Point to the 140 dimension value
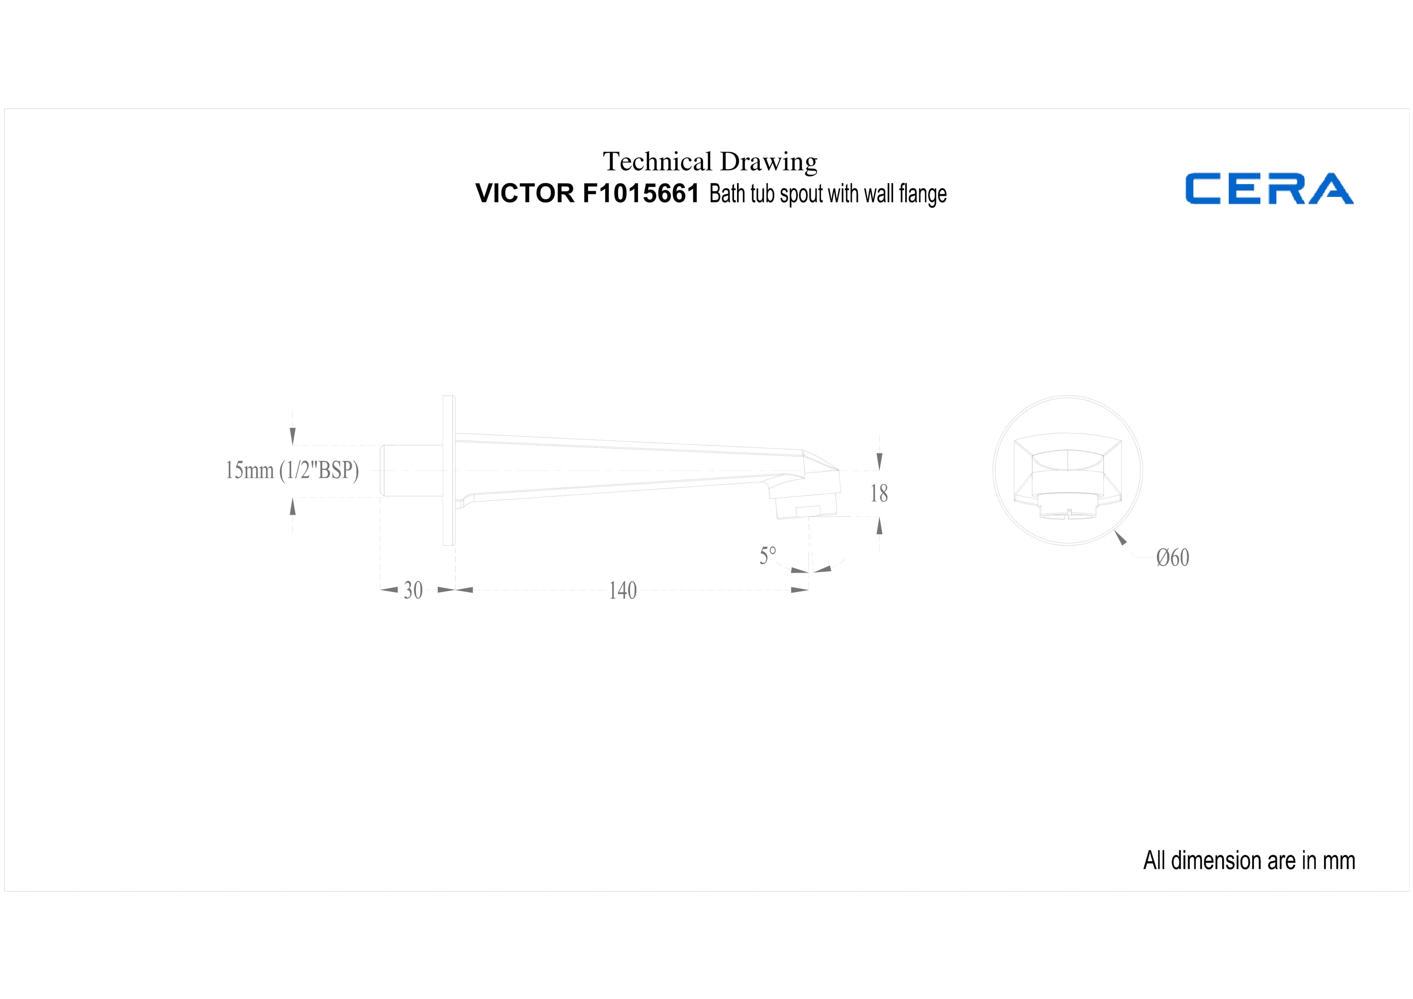(623, 590)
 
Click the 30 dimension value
(413, 590)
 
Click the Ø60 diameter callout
(1172, 558)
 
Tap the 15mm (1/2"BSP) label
(292, 470)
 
